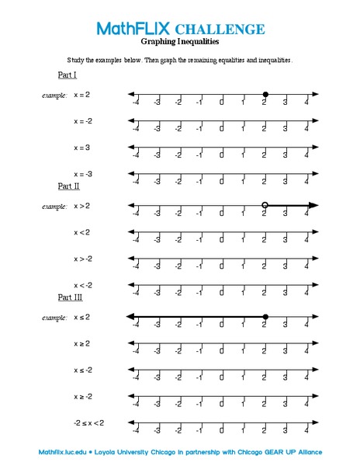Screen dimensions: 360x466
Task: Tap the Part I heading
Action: coord(67,75)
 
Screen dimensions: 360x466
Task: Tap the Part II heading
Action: coord(69,186)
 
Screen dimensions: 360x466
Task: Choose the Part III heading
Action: coord(71,297)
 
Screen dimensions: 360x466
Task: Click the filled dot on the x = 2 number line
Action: coord(265,94)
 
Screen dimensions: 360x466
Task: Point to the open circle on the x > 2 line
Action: coord(265,205)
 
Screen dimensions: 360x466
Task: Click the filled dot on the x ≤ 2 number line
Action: coord(265,316)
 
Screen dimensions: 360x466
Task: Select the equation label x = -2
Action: coord(83,120)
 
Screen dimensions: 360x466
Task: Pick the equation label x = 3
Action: coord(81,147)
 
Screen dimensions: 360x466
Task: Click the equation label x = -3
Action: coord(83,174)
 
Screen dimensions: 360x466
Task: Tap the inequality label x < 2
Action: coord(81,231)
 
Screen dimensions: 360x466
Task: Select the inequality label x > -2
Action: coord(83,258)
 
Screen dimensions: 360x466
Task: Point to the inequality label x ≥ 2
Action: coord(81,343)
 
